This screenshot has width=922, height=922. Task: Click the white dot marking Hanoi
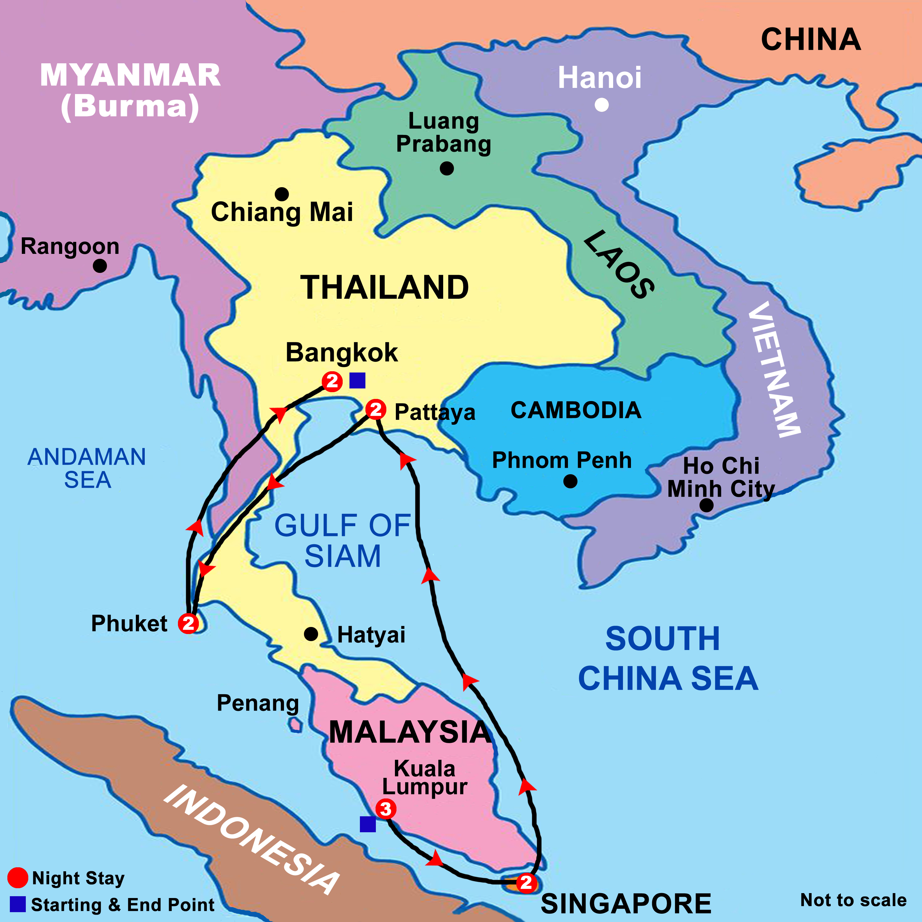(x=602, y=104)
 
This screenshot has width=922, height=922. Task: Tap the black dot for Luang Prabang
(x=447, y=168)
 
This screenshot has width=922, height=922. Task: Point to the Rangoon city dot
(x=100, y=266)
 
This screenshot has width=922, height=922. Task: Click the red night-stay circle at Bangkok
(x=332, y=381)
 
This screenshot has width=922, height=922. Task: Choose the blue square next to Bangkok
(x=357, y=380)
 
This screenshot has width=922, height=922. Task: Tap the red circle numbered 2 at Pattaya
(x=376, y=409)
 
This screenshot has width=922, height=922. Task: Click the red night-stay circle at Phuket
(x=188, y=623)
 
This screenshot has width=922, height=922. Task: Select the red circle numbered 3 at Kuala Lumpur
(x=386, y=809)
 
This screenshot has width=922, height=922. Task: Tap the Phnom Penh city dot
(x=570, y=482)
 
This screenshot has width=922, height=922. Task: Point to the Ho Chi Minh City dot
(x=706, y=505)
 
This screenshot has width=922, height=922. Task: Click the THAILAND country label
(x=385, y=288)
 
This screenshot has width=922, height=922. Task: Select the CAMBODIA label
(x=576, y=410)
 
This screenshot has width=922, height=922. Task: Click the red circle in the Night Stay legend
(x=18, y=878)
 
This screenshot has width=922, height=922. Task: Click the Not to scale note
(x=853, y=900)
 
